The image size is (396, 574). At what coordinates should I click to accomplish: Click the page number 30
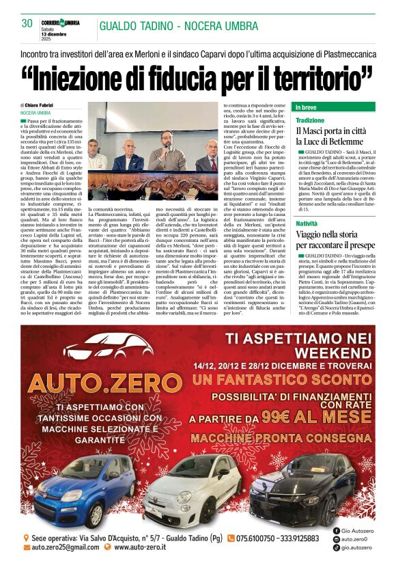pos(27,23)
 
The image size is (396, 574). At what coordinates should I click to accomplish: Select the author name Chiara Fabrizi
pos(42,105)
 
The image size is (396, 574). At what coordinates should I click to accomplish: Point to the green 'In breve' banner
pos(333,107)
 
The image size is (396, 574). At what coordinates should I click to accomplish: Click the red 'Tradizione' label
pos(309,120)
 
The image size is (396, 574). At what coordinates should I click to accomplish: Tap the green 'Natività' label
pos(307,223)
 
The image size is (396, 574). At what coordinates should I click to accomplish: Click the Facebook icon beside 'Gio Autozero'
pos(337,530)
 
